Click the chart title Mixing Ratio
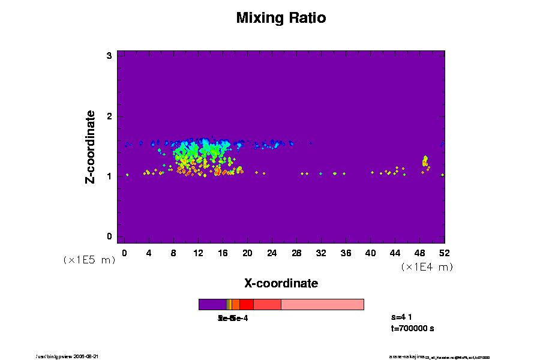tap(281, 18)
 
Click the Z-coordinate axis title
tap(91, 146)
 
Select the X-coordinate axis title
tap(281, 283)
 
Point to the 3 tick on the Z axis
tap(110, 56)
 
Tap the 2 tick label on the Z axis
tap(110, 116)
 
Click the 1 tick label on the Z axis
tap(110, 176)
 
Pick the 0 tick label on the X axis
tap(124, 253)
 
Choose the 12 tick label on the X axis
tap(198, 253)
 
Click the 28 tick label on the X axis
tap(296, 253)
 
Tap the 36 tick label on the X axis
tap(346, 253)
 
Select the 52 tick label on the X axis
tap(444, 253)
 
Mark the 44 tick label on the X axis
tap(395, 253)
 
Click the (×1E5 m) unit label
tap(89, 260)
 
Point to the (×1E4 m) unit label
tap(427, 267)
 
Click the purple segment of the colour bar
tap(212, 304)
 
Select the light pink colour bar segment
tap(322, 304)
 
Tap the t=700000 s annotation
tap(412, 328)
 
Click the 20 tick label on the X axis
tap(247, 253)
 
